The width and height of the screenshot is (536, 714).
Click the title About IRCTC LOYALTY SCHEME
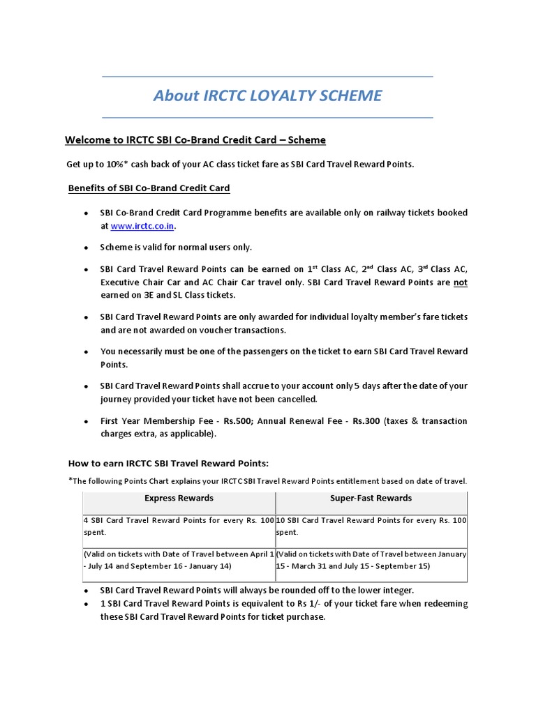[x=267, y=96]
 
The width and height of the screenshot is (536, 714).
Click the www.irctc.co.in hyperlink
[x=143, y=226]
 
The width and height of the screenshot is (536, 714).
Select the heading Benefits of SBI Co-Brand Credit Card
[x=149, y=188]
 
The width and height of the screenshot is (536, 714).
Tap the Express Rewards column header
[x=179, y=499]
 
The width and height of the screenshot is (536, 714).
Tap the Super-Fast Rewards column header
[x=371, y=499]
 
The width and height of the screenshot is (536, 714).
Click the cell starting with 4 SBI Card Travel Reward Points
[x=179, y=526]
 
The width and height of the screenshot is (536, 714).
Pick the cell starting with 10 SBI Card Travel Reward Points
[x=371, y=526]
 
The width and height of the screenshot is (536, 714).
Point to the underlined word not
[x=461, y=282]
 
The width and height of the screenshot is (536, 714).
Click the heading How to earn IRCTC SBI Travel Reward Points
[x=168, y=464]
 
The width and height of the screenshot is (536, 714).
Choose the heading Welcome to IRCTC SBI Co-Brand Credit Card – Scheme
[x=195, y=140]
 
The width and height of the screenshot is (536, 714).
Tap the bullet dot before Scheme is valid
[x=85, y=248]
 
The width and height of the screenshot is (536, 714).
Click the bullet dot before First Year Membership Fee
[x=85, y=422]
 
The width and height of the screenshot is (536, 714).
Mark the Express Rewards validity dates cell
[x=179, y=560]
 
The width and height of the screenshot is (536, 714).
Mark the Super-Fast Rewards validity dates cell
[x=371, y=560]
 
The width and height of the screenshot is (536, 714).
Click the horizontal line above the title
[x=267, y=76]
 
